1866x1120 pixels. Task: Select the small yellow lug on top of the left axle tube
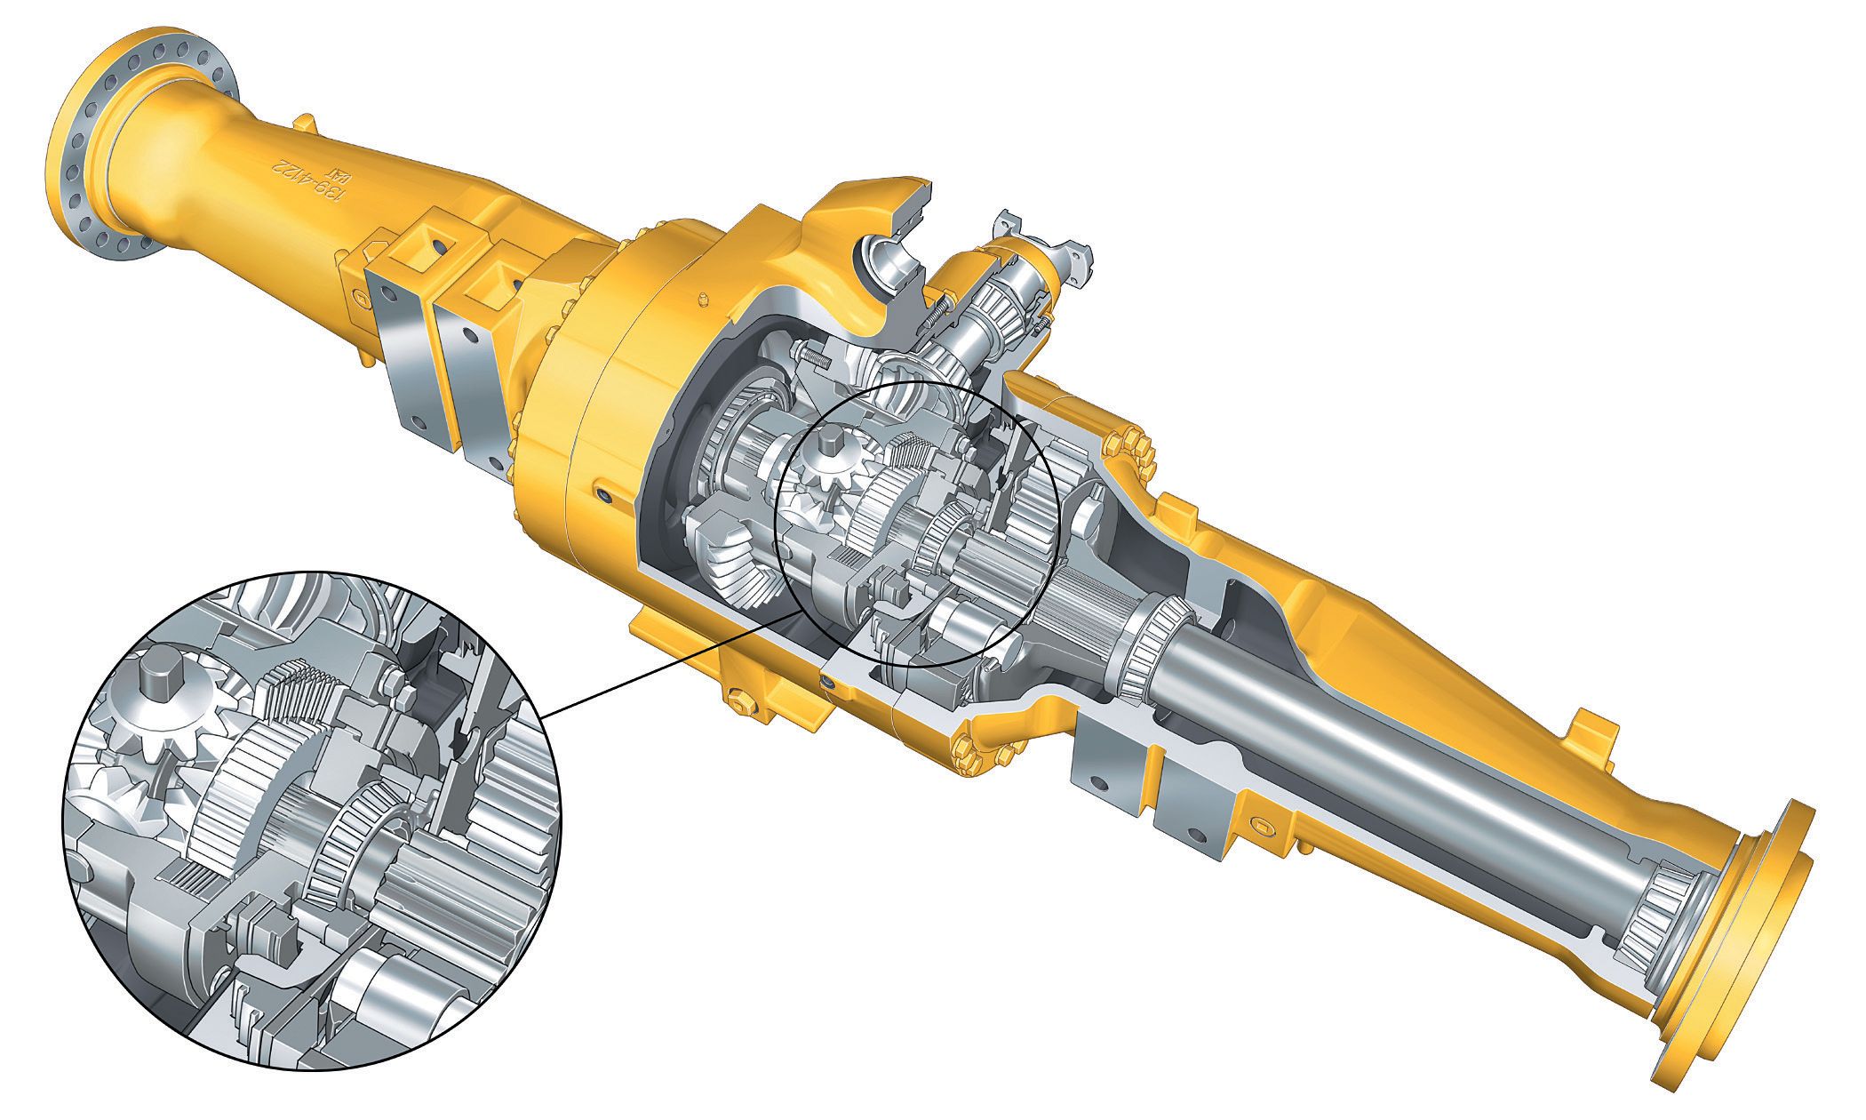[x=302, y=122]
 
